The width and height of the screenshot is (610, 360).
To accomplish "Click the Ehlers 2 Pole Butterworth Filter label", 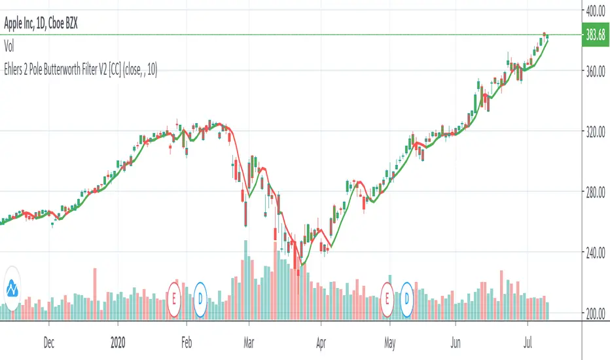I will [79, 65].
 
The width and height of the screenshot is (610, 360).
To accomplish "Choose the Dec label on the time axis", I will [48, 341].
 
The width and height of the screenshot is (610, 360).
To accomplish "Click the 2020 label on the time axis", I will [118, 341].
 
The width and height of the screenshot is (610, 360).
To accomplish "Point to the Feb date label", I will [187, 341].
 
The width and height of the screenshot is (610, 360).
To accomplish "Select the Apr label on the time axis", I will [321, 341].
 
